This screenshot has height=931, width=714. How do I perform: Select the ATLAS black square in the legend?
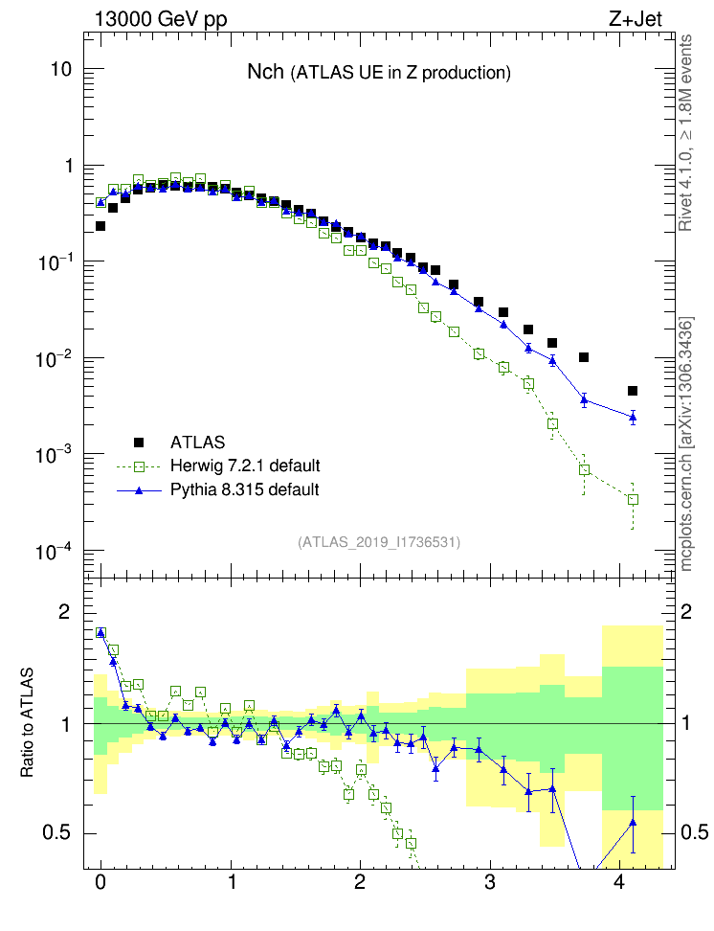click(139, 443)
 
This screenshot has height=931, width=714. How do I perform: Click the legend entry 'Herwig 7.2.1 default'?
click(245, 466)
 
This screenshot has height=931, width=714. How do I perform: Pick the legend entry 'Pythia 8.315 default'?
click(245, 490)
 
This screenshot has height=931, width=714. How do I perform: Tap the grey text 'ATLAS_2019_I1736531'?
click(380, 542)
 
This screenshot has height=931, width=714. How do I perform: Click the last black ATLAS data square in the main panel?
click(633, 391)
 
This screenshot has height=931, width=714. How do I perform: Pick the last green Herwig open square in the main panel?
click(633, 499)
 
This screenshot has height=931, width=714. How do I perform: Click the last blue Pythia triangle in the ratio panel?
click(633, 822)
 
